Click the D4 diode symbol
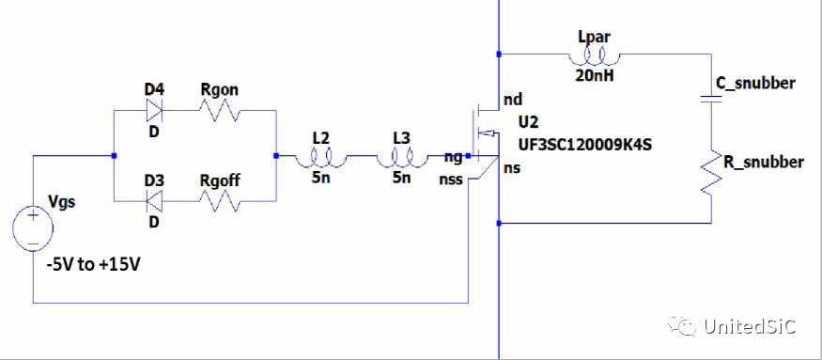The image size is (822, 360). [x=154, y=109]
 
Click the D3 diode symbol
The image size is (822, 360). [x=154, y=199]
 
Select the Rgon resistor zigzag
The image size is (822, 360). [x=218, y=110]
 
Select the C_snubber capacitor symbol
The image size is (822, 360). [x=715, y=102]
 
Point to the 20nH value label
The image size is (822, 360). [x=593, y=76]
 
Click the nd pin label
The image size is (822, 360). [x=513, y=99]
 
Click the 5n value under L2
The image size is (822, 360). [x=321, y=178]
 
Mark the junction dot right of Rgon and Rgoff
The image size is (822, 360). [x=277, y=155]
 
